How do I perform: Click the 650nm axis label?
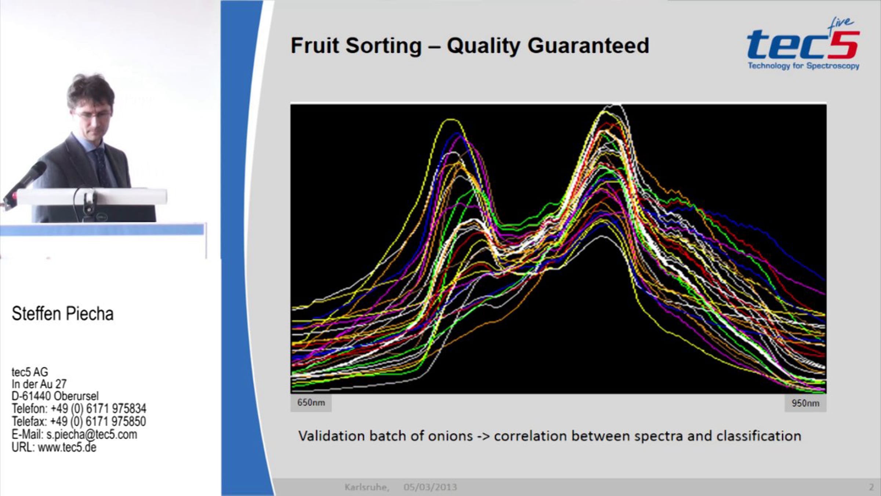(311, 403)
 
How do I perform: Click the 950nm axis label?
(805, 403)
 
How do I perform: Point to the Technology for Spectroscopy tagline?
(804, 66)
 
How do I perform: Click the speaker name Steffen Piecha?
(63, 314)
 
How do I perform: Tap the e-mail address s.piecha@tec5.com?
(92, 434)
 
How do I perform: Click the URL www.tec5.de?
(67, 447)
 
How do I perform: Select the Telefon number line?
(79, 409)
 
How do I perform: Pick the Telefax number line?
(79, 421)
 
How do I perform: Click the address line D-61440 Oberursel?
(55, 396)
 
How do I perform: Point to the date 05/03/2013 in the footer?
(430, 487)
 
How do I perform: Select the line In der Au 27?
(39, 384)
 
